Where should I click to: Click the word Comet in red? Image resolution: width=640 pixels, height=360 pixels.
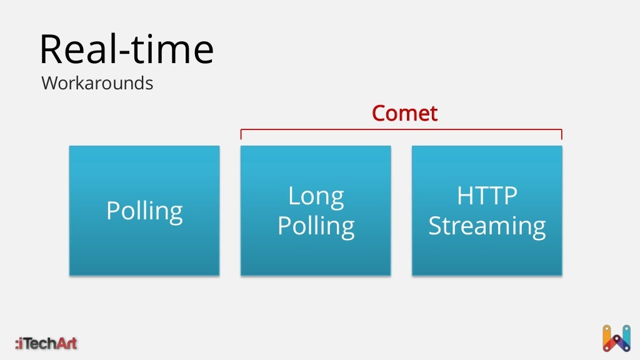coord(404,114)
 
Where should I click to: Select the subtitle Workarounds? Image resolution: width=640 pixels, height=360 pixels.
coord(97,83)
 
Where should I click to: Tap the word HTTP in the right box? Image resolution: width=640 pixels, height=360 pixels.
coord(487,196)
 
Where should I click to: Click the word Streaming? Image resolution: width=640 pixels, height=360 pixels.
coord(487,226)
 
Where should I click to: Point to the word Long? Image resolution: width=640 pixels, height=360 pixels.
coord(316,196)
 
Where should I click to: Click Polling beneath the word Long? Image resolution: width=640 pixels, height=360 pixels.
coord(316,226)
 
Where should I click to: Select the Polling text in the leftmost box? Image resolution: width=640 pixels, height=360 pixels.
coord(144,211)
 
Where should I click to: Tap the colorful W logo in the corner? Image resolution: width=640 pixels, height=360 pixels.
coord(616,338)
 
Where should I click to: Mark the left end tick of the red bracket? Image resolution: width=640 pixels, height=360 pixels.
coord(241,134)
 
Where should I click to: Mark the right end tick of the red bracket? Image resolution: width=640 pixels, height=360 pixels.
coord(561,134)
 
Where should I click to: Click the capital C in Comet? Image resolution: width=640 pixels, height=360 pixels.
coord(379,114)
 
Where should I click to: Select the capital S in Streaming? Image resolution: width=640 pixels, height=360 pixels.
coord(437,226)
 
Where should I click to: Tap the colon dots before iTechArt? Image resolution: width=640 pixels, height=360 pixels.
coord(17,343)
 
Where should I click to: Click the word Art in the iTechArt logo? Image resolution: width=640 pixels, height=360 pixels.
coord(66,342)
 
